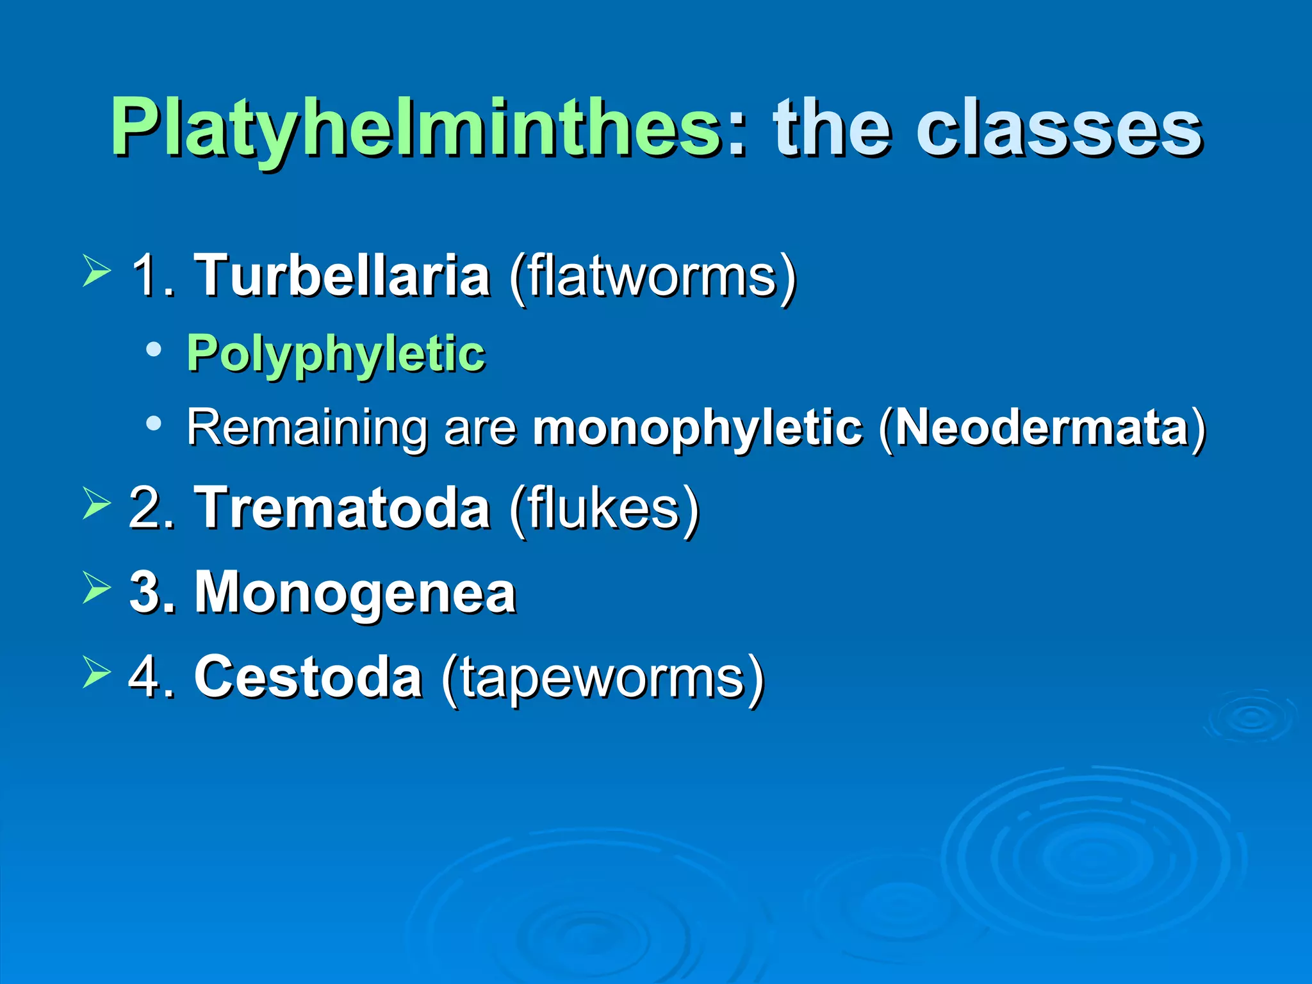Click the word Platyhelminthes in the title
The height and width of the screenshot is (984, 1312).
[x=416, y=128]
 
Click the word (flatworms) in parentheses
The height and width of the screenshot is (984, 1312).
[x=653, y=277]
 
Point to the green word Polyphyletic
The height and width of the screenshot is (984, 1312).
[x=336, y=354]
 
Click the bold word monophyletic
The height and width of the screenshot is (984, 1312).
[x=698, y=428]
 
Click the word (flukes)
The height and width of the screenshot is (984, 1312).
[x=604, y=509]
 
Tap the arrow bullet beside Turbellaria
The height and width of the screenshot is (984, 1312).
[x=96, y=271]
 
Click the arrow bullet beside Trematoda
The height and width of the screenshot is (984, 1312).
[x=96, y=504]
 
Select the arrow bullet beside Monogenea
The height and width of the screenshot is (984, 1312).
[x=96, y=588]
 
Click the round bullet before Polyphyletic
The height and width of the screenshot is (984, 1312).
[x=153, y=350]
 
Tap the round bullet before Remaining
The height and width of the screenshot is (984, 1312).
[x=153, y=423]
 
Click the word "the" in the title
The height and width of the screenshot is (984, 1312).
[x=832, y=128]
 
